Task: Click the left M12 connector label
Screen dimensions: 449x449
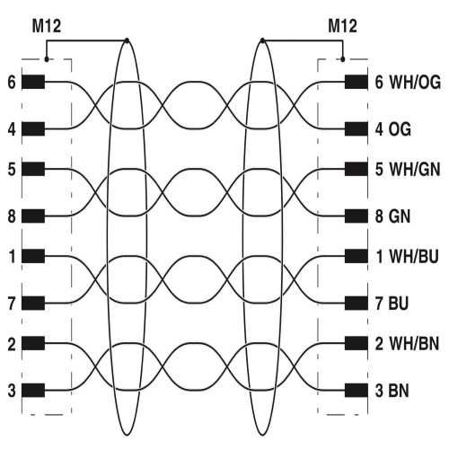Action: tap(47, 26)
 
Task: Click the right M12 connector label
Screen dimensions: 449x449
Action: tap(342, 26)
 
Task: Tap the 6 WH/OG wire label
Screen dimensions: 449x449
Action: tap(408, 83)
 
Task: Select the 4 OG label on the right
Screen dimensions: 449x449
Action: tap(393, 129)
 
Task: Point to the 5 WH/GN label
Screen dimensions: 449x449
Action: tap(408, 169)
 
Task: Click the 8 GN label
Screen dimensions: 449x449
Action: tap(392, 216)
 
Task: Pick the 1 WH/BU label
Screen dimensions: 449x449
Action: tap(407, 257)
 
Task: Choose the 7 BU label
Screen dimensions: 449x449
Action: tap(392, 304)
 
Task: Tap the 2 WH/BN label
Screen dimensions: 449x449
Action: tap(407, 344)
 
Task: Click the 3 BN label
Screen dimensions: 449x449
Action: tap(392, 391)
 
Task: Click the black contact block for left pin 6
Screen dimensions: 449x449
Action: tap(33, 82)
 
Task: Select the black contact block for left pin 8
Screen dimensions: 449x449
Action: tap(33, 216)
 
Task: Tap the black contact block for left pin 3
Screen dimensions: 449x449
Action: tap(33, 391)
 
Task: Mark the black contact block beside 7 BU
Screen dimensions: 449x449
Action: tap(357, 304)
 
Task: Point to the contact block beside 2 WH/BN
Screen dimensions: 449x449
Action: tap(357, 343)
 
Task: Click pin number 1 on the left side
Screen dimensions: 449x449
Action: tap(12, 257)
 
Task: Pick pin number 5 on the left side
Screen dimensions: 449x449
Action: tap(12, 169)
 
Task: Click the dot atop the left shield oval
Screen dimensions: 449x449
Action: tap(127, 40)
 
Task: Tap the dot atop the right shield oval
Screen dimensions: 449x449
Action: tap(262, 40)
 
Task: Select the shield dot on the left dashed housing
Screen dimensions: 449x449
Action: tap(47, 59)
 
